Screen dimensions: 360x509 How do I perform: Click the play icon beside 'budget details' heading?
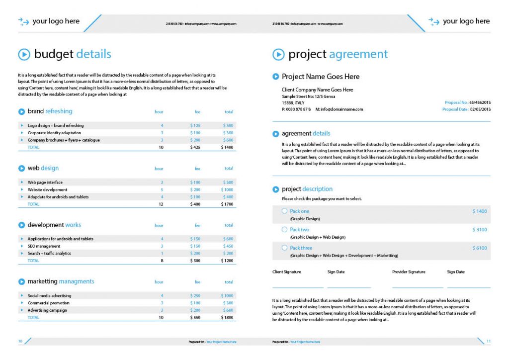pos(24,54)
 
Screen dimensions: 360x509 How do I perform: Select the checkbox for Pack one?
pos(284,211)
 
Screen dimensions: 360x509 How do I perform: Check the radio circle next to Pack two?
pos(284,230)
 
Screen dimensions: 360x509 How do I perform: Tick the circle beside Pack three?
pos(284,248)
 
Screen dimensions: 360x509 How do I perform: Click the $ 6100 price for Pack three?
pos(480,248)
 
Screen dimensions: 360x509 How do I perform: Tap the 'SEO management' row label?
pos(44,246)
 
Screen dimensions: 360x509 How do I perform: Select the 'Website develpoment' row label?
pos(47,189)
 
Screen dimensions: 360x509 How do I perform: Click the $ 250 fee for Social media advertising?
pos(195,296)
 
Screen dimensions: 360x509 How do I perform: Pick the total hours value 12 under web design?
pos(161,204)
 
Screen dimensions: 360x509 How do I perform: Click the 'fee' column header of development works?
pos(197,226)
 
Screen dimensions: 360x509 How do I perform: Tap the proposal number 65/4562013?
pos(480,102)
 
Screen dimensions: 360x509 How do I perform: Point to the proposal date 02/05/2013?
pos(480,109)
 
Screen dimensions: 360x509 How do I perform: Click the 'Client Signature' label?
pos(286,272)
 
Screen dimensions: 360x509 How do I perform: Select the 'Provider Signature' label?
pos(409,272)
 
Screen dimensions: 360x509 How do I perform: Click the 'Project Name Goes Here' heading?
pos(320,77)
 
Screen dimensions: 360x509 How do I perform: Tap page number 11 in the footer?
pos(489,341)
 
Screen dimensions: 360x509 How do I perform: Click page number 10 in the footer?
pos(20,341)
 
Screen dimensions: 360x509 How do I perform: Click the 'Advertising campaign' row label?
pos(47,310)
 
